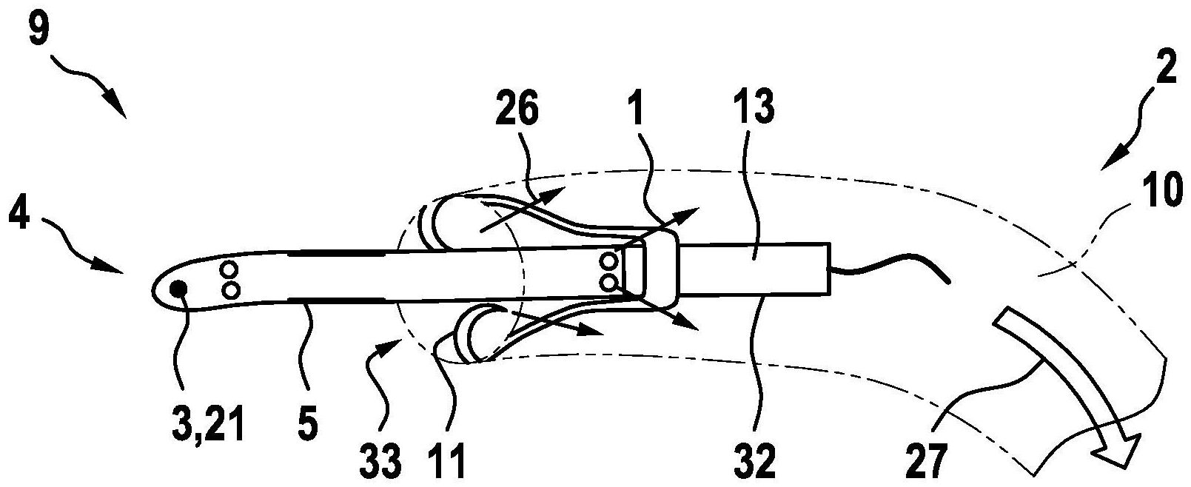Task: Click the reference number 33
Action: pos(383,461)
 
